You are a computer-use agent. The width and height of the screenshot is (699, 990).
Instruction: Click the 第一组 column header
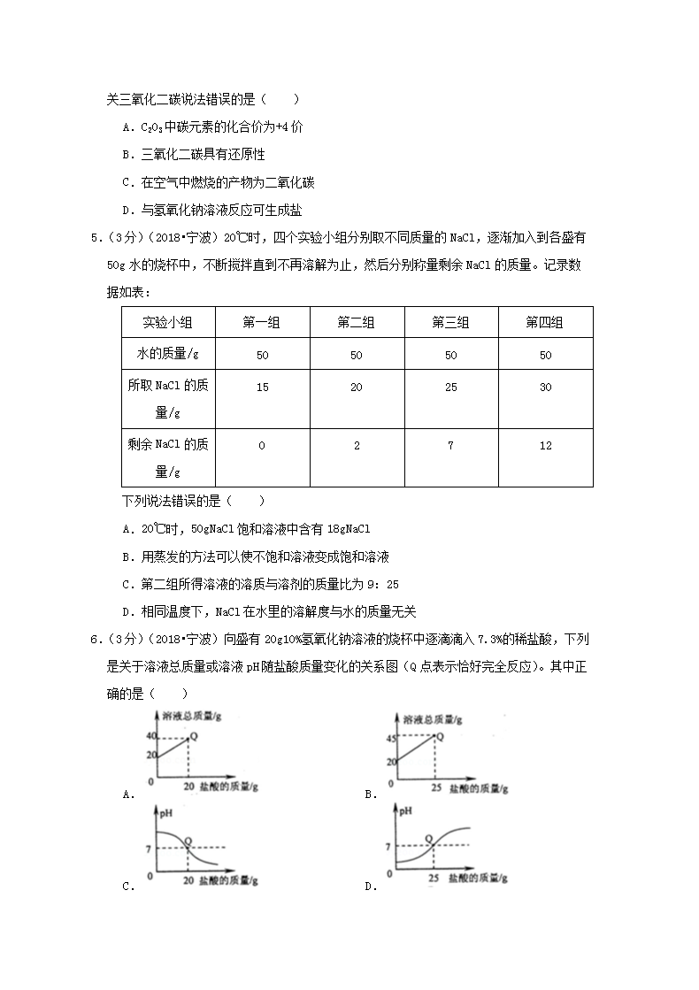[x=261, y=323]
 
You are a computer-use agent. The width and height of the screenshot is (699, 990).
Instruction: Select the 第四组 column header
[x=544, y=323]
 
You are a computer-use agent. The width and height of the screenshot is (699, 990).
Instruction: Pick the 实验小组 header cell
[x=167, y=323]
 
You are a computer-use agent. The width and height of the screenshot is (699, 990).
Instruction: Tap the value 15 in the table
[x=261, y=387]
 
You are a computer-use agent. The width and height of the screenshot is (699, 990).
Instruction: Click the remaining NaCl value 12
[x=545, y=446]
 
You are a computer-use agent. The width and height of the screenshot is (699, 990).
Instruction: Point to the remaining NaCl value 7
[x=450, y=446]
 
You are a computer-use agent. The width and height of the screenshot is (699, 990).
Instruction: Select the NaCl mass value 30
[x=545, y=387]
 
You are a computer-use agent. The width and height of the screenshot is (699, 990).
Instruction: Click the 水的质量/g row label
[x=167, y=355]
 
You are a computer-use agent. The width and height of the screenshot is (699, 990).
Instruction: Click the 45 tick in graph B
[x=389, y=738]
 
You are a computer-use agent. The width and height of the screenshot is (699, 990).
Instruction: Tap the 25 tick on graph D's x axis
[x=433, y=877]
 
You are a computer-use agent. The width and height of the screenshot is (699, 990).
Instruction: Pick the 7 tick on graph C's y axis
[x=152, y=848]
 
